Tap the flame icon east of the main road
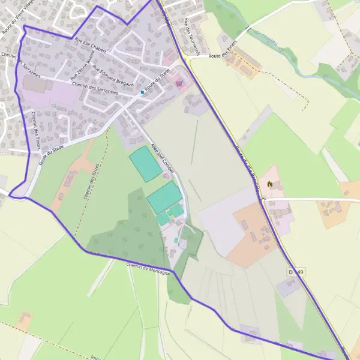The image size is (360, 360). pos(271,184)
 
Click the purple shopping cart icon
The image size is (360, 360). pos(179,83)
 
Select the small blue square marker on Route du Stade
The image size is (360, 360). pos(142,92)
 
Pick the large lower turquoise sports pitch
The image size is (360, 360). pos(164,197)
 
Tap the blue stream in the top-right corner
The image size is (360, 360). pos(282,45)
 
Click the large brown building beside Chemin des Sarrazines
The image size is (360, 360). pos(37,84)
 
